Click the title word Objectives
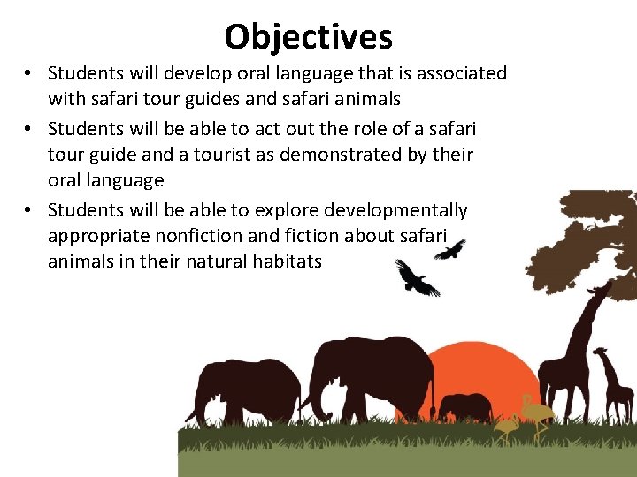point(308,37)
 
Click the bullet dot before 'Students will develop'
point(29,73)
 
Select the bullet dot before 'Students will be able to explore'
point(29,210)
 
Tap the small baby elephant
point(464,407)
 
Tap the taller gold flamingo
point(536,413)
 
